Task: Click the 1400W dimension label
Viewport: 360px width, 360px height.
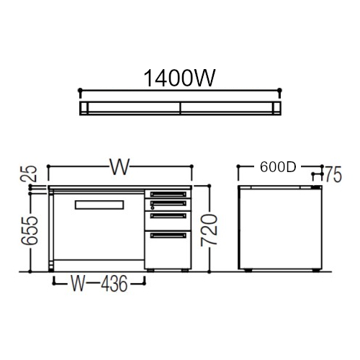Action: tap(179, 78)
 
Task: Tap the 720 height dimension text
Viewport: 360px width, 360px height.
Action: tap(210, 230)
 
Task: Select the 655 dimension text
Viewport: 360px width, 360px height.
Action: tap(30, 230)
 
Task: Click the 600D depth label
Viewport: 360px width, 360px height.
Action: tap(278, 167)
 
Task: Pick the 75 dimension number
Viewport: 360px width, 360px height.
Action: tap(333, 175)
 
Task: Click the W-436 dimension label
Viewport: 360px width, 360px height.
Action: tap(99, 284)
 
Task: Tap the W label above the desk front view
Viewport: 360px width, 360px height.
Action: tap(120, 166)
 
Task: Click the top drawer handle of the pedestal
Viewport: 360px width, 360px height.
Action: tap(168, 194)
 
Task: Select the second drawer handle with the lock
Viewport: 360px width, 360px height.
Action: tap(168, 203)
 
